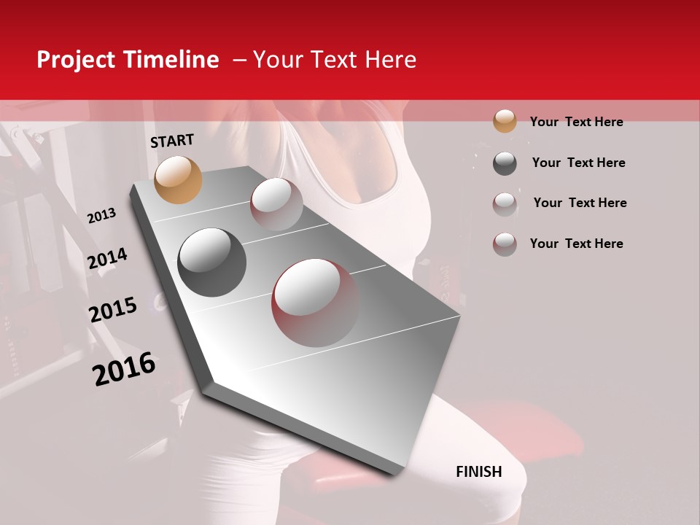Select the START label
tap(172, 141)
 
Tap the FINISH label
tap(479, 472)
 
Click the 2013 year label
tap(101, 216)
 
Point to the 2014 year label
tap(107, 258)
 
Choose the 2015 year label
tap(113, 310)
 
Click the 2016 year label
tap(124, 368)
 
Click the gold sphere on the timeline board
tap(178, 179)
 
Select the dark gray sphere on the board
tap(212, 262)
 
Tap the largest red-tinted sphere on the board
tap(315, 302)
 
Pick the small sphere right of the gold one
tap(276, 204)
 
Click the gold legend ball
tap(505, 121)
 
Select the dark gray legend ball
tap(505, 163)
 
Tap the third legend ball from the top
tap(505, 204)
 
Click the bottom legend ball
tap(505, 244)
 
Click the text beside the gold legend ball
tap(576, 122)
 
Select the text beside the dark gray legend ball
tap(578, 163)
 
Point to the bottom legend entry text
tap(576, 244)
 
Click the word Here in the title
tap(390, 60)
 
